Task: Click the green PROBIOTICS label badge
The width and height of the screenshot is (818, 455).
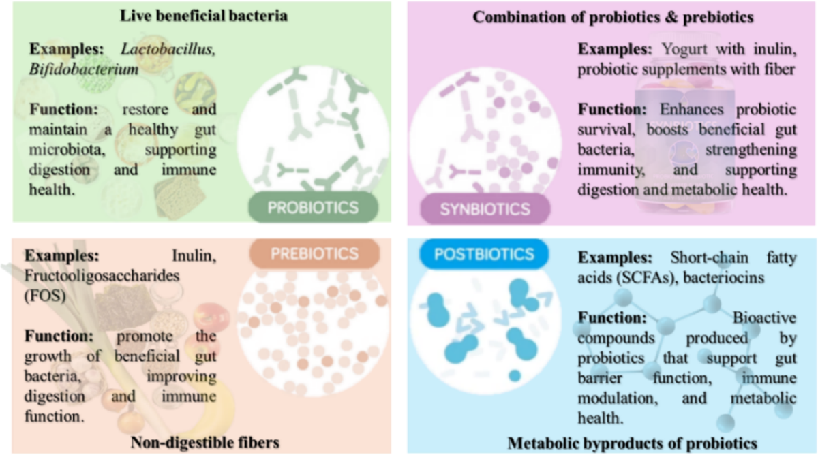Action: (314, 207)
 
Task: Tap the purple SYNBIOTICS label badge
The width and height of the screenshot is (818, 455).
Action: (485, 209)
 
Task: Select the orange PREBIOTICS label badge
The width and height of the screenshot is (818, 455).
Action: (314, 253)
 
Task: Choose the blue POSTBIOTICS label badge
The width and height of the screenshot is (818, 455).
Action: (484, 254)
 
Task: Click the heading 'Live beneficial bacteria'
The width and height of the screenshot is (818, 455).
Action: (204, 16)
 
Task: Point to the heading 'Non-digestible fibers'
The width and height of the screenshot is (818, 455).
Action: (205, 442)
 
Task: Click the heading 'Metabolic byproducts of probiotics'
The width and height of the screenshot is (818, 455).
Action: (632, 443)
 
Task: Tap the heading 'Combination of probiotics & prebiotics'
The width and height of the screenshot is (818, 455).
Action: (613, 17)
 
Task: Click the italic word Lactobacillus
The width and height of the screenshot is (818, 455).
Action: (168, 49)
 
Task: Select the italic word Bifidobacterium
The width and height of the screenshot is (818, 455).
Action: (84, 69)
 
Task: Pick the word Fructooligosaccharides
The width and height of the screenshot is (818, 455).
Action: (102, 276)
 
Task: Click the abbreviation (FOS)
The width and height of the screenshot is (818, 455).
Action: (45, 296)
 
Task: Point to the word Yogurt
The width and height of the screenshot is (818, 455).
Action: (684, 49)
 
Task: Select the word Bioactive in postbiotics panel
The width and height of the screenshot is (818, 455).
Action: (764, 318)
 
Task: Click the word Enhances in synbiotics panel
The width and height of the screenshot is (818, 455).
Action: (692, 109)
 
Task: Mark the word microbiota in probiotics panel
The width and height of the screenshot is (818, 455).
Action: (67, 150)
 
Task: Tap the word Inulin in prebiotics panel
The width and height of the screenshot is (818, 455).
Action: (194, 256)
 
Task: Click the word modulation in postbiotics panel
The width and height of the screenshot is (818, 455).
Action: (618, 398)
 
